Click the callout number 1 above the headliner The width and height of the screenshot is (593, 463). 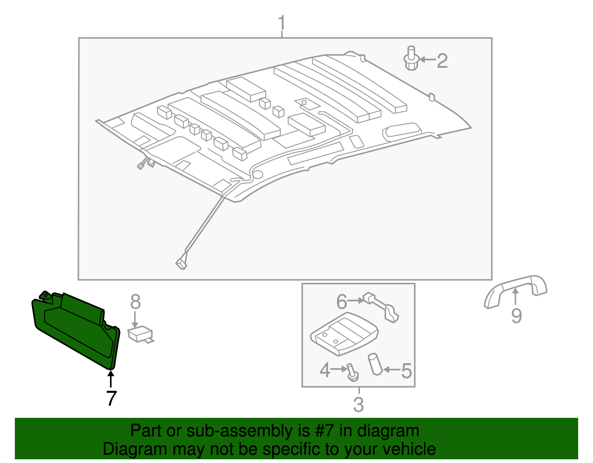pos(282,23)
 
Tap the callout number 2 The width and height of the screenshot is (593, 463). pos(442,61)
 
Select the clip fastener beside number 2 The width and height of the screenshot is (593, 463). pos(411,59)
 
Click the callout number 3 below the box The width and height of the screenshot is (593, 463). pos(358,404)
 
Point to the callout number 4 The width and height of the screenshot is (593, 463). pos(325,370)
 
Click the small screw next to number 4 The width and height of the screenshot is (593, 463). pos(352,373)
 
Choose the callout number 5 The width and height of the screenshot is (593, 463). pos(407,371)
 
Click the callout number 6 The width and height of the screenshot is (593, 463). pos(341,302)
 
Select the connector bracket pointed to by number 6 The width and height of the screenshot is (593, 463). pos(382,306)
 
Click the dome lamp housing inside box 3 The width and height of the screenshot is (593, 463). pos(344,332)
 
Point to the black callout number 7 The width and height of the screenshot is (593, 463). pos(111,398)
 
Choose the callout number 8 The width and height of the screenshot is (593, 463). pos(135,302)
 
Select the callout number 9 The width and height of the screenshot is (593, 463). pos(516,316)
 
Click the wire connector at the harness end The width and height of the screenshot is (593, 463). pos(181,264)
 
